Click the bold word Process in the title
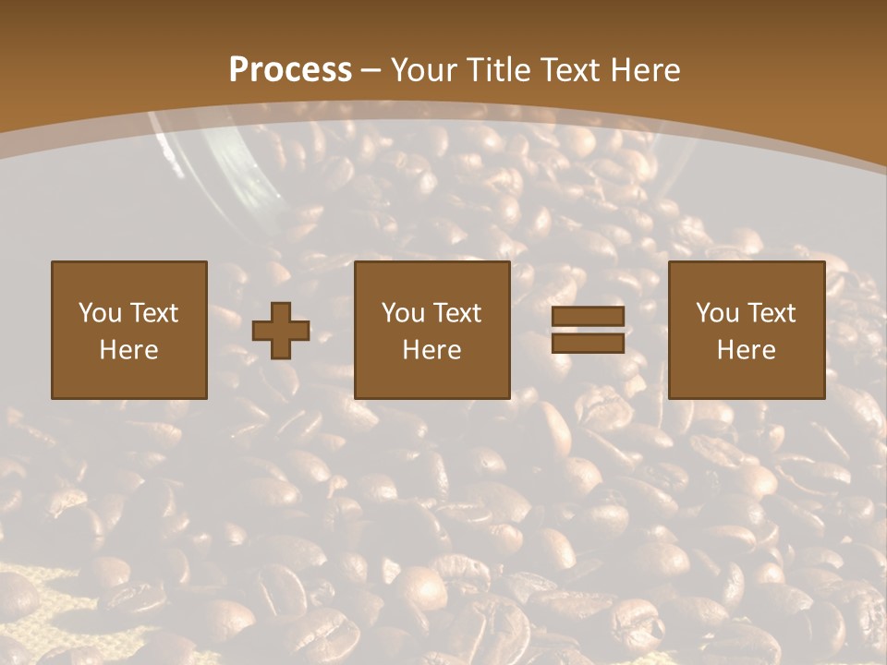point(290,70)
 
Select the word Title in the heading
point(502,70)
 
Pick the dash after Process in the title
point(371,71)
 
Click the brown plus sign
point(281,331)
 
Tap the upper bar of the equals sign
point(588,317)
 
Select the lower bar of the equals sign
point(588,344)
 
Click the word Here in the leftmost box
point(128,350)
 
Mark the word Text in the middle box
point(456,313)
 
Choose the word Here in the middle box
point(431,350)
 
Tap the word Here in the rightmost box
point(746,350)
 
